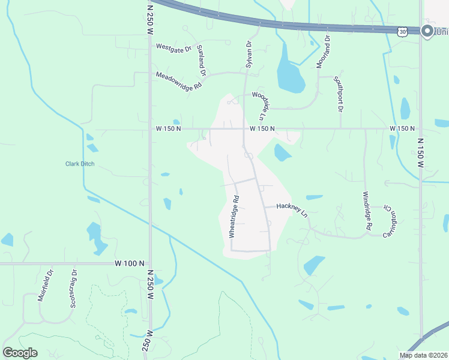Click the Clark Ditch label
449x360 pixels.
pyautogui.click(x=80, y=164)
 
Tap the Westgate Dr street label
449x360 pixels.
pyautogui.click(x=173, y=47)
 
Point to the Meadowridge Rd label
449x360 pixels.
pyautogui.click(x=178, y=81)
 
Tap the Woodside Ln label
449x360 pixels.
pyautogui.click(x=259, y=105)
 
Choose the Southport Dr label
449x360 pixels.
pyautogui.click(x=339, y=94)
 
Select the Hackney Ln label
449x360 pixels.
pyautogui.click(x=292, y=209)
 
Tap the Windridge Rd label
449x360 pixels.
pyautogui.click(x=367, y=211)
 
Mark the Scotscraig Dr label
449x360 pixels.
pyautogui.click(x=73, y=289)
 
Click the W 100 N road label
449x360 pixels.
pyautogui.click(x=130, y=263)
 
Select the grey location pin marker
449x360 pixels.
pyautogui.click(x=428, y=31)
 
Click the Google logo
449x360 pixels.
pyautogui.click(x=20, y=353)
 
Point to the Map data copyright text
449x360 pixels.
pyautogui.click(x=424, y=355)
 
